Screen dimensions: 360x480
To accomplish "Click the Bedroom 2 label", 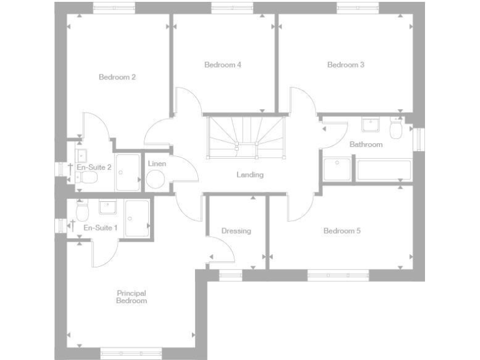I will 117,77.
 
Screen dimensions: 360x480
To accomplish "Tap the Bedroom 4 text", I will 222,65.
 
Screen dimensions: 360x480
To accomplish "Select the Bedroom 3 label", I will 346,65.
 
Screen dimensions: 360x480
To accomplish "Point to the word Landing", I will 249,175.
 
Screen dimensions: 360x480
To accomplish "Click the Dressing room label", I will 236,231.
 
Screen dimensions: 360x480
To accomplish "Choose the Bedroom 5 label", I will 342,231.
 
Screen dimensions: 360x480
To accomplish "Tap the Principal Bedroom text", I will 131,297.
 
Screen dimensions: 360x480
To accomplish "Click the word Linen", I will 156,164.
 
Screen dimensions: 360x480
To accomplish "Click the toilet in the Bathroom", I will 395,129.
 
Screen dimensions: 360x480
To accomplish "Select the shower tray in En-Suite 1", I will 137,218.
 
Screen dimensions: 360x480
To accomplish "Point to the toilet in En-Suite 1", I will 82,208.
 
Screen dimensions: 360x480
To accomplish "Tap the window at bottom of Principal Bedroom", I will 131,353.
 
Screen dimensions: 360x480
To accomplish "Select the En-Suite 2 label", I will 94,167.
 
